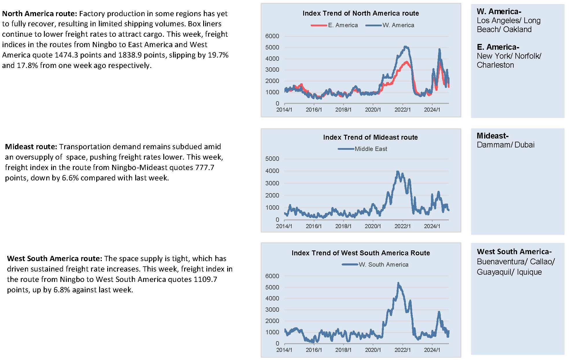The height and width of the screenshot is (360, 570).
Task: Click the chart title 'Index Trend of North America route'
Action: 360,13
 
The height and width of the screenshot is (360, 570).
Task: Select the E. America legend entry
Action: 334,25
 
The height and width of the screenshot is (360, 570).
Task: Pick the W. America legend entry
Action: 390,25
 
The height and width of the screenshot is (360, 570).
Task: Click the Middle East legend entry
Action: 362,149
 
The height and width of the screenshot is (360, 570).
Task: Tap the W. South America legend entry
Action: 375,265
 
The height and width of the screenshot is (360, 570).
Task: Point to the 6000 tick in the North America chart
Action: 272,36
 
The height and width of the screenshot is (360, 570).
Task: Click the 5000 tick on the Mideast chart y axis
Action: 272,159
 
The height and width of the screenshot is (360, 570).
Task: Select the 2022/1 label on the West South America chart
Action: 402,350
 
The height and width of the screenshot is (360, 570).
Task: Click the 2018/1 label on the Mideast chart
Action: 343,226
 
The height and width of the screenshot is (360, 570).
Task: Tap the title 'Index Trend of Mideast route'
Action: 370,137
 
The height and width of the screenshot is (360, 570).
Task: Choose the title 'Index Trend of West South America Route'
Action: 361,253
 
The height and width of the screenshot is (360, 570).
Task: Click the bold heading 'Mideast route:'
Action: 31,147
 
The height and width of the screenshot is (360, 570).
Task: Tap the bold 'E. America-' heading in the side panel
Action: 498,47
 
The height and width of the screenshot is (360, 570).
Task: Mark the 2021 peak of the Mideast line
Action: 398,172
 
